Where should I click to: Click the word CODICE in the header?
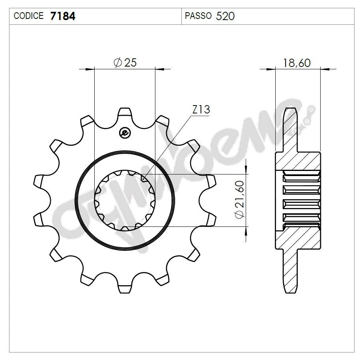tap(29, 16)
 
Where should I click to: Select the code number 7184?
tap(63, 16)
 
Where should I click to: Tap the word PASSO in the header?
tap(198, 16)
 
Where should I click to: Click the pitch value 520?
tap(226, 16)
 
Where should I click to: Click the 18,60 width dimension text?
tap(297, 63)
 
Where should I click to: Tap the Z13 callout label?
tap(201, 110)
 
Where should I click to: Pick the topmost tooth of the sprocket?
tap(125, 112)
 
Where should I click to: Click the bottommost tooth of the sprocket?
tap(125, 288)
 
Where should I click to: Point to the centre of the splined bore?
tap(125, 200)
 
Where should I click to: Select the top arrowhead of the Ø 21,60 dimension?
tap(246, 170)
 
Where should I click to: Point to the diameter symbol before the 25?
tap(117, 63)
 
